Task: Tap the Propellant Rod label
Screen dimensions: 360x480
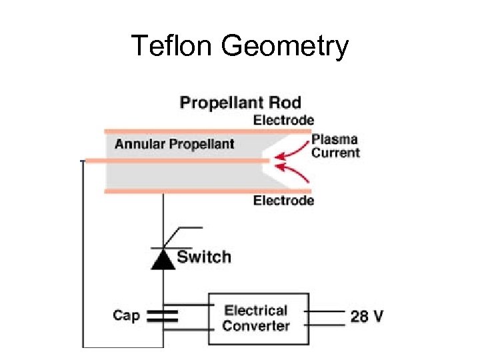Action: point(241,103)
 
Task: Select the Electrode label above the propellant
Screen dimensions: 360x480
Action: point(283,121)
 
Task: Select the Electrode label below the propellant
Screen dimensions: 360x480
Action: point(283,201)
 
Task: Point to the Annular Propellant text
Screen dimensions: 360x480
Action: point(174,144)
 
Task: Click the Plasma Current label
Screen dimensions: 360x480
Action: point(335,147)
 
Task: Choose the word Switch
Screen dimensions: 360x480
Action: point(204,257)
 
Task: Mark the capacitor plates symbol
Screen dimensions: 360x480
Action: point(163,315)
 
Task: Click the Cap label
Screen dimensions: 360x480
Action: point(127,315)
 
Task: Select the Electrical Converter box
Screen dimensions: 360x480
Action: point(258,319)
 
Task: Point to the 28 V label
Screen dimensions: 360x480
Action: point(367,316)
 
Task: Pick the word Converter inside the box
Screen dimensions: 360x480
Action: point(256,327)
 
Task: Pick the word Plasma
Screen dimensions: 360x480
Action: point(335,140)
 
